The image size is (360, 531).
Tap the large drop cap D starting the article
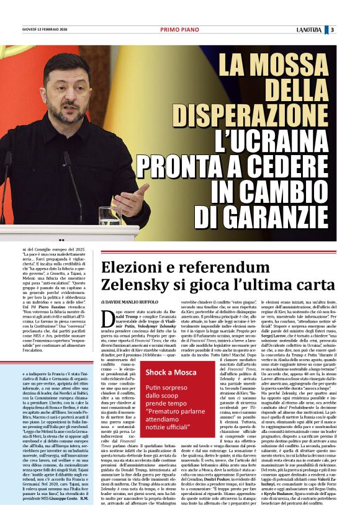107,319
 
